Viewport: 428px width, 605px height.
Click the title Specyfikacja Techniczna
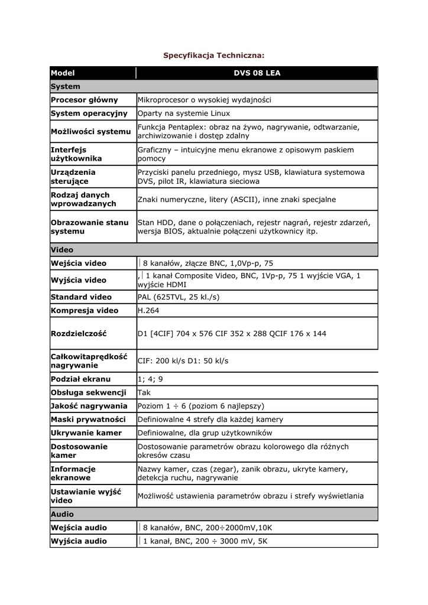213,55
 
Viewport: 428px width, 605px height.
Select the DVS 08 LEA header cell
257,73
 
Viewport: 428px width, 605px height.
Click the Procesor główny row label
85,100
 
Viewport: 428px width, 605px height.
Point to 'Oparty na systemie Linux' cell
184,113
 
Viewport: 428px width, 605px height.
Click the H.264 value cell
148,310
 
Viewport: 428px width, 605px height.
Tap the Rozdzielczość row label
79,333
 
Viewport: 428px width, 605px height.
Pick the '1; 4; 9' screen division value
150,379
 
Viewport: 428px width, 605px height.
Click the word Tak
144,392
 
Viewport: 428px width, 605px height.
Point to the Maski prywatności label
88,419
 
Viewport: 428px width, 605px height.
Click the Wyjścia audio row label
79,541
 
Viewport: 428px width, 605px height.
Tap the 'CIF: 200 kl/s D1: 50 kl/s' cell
183,360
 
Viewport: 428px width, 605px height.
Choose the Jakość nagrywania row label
89,406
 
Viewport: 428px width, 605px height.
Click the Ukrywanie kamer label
86,433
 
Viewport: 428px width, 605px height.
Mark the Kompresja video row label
85,310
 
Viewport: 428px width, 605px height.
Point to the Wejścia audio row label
79,528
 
